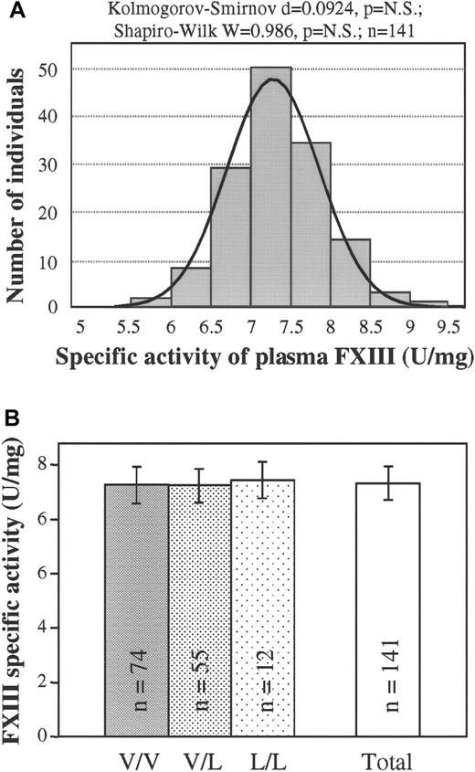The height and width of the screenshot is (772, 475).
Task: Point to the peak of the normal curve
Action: (x=271, y=79)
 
